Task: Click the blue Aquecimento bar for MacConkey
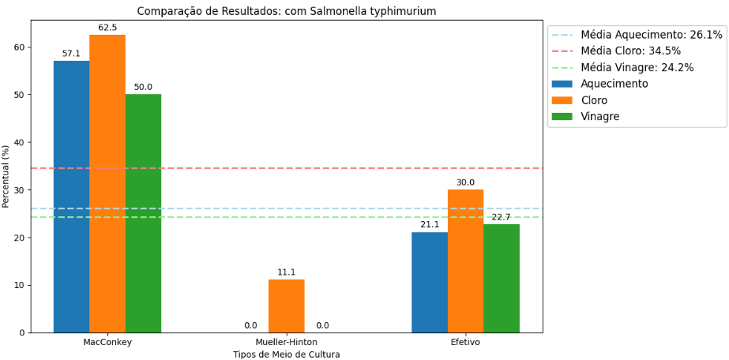coord(71,197)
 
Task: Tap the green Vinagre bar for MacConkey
coord(143,213)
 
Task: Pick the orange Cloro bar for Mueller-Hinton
coord(286,306)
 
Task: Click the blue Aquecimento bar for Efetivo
coord(429,282)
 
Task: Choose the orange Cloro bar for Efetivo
coord(465,261)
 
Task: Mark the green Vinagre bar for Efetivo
coord(501,278)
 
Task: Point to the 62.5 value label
coord(107,28)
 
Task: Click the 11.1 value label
coord(286,272)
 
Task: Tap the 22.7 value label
coord(501,217)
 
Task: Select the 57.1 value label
coord(71,54)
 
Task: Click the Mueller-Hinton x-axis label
coord(286,343)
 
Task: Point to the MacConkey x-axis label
coord(107,343)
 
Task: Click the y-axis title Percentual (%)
coord(6,176)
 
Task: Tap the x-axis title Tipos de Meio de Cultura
coord(286,354)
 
